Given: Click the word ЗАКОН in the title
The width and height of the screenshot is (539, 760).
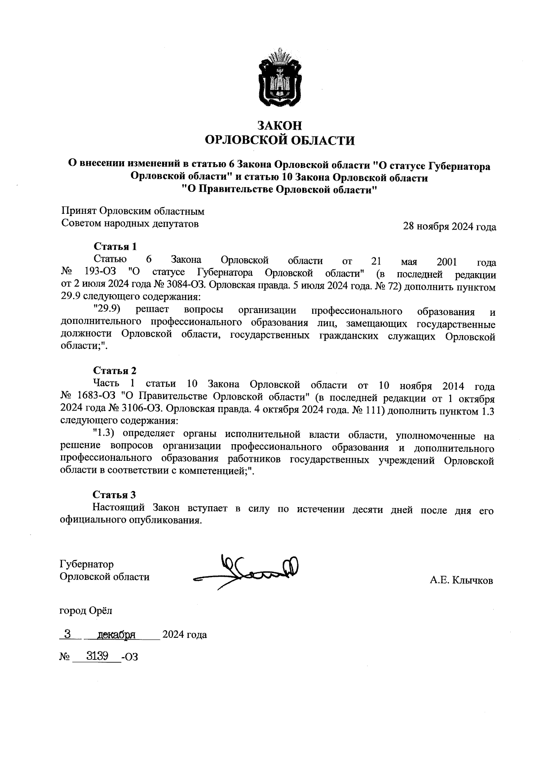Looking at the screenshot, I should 279,125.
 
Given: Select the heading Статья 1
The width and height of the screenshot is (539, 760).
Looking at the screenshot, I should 115,246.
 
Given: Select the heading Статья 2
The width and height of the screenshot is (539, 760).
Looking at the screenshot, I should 115,371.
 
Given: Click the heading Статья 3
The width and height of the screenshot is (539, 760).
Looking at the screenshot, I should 114,495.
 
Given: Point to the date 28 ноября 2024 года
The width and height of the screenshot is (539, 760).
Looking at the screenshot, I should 449,227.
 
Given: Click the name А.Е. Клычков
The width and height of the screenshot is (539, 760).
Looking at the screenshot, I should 461,580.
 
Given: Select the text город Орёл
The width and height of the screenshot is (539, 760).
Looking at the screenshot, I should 86,610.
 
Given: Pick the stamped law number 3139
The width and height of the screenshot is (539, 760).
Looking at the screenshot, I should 97,656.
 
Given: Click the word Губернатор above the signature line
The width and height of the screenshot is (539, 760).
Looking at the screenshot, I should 87,564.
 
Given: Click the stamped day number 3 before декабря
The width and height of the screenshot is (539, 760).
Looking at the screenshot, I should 67,634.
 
